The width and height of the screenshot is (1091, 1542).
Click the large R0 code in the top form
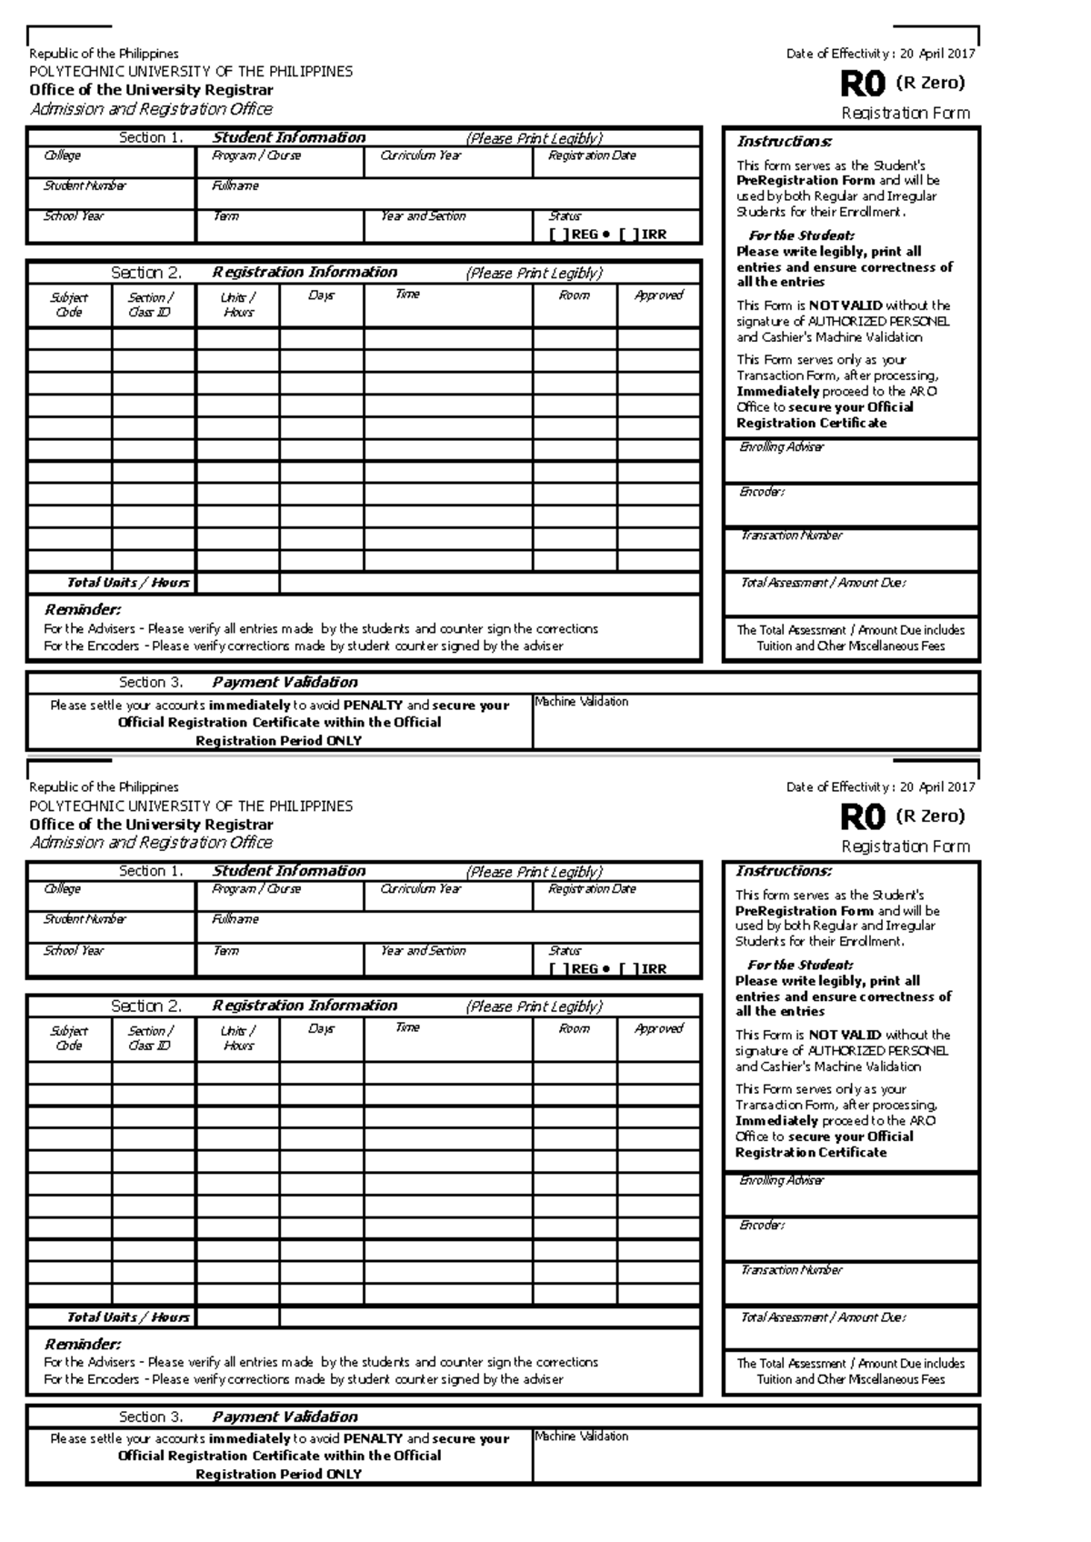861,85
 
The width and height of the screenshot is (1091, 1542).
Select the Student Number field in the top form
111,194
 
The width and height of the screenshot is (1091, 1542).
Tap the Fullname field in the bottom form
448,927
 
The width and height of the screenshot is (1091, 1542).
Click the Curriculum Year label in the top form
420,155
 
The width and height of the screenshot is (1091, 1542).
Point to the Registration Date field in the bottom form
616,896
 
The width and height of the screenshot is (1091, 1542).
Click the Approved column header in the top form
658,295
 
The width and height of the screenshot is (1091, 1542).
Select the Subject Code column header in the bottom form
69,1038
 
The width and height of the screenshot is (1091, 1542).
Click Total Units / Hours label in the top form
127,583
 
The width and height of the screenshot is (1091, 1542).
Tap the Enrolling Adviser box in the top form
851,461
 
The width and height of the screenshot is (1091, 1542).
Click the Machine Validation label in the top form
581,702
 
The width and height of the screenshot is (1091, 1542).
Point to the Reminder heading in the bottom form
82,1344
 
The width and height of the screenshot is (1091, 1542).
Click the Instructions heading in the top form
784,142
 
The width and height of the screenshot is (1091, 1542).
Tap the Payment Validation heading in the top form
285,682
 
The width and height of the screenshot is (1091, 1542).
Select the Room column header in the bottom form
574,1029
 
